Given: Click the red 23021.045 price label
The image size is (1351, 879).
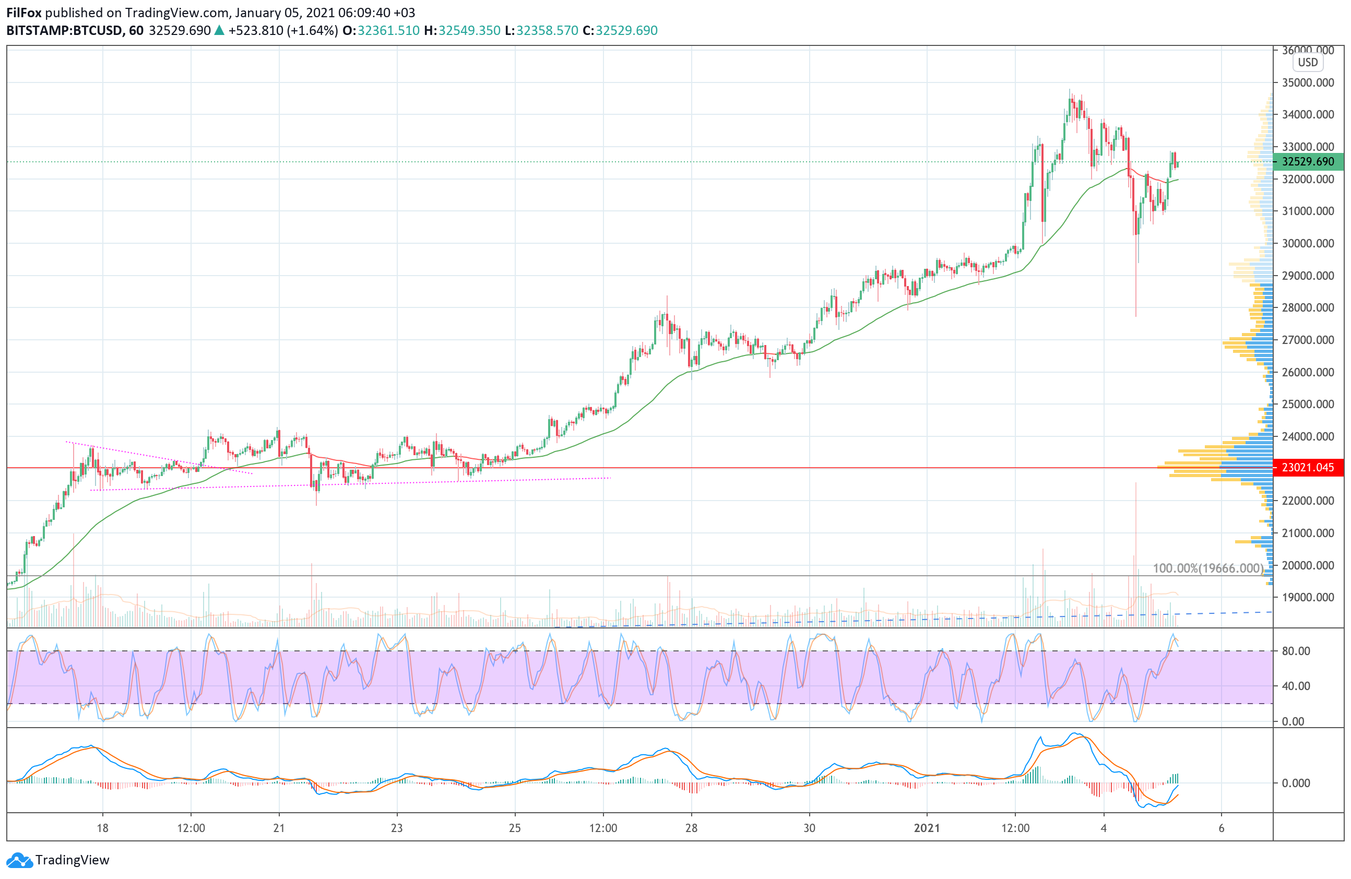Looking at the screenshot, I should (1308, 468).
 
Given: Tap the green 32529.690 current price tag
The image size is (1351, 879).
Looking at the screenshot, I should (1308, 162).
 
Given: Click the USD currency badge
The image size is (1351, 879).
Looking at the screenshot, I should (1308, 63).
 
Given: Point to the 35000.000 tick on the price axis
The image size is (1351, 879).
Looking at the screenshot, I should (1308, 83).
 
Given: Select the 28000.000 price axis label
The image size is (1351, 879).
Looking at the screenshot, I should (1308, 307).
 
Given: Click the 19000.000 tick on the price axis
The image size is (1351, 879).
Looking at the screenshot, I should (1308, 597).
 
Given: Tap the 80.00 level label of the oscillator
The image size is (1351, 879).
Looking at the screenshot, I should (1296, 651).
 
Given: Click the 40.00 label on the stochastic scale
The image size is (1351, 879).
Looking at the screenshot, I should (1296, 686).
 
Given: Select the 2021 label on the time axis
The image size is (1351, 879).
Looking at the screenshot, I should (927, 828).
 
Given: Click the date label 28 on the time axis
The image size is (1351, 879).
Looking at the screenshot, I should (691, 828).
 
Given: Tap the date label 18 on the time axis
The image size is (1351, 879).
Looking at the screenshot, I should (102, 828).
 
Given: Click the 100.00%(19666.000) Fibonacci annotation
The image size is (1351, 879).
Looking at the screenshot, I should (1208, 568).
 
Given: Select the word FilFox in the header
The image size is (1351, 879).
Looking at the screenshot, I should (24, 13).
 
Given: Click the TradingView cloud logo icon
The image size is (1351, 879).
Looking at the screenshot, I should (19, 860).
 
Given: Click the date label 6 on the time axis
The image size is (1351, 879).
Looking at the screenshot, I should (1221, 828).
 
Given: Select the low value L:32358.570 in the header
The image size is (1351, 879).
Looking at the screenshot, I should (541, 31).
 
